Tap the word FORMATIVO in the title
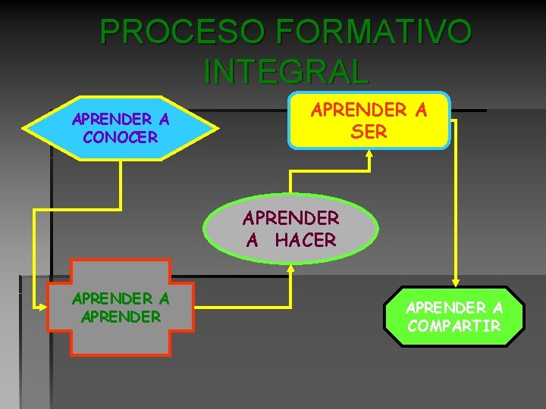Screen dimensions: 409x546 375,32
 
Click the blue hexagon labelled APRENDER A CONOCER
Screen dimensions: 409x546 121,128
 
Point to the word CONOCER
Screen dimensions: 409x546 121,137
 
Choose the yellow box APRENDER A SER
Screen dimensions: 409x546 369,120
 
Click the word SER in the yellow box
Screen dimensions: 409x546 369,131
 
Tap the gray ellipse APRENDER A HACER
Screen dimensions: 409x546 291,229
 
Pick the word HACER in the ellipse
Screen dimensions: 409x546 305,240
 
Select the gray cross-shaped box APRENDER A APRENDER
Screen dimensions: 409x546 121,307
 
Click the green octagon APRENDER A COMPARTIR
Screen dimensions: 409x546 454,317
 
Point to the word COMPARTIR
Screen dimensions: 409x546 454,326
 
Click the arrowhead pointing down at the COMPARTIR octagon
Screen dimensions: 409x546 454,281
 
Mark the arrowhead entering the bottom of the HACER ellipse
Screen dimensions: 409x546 291,267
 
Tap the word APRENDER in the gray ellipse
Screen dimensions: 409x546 291,218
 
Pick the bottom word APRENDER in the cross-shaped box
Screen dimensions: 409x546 121,316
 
